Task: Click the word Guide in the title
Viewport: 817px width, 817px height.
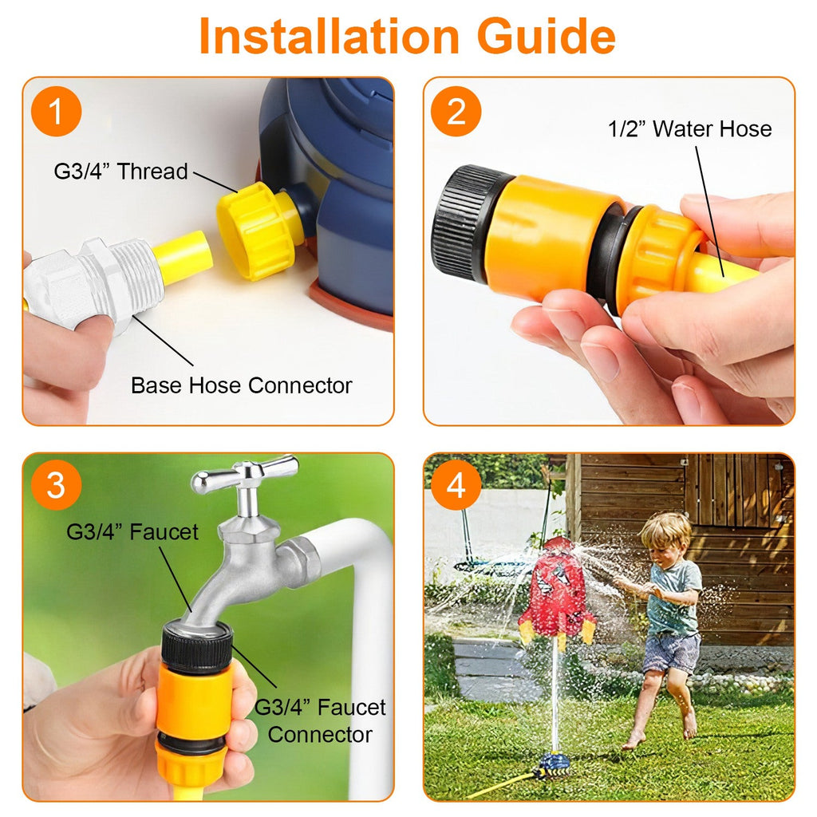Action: pos(547,37)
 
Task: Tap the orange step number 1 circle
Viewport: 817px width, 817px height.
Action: pos(57,112)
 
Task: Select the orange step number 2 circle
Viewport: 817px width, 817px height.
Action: pos(456,112)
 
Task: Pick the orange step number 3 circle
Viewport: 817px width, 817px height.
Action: pos(57,485)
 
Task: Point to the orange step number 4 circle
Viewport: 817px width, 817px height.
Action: pos(456,485)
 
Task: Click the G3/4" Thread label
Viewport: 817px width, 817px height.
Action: pos(121,172)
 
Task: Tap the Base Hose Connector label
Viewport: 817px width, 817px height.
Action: pos(241,385)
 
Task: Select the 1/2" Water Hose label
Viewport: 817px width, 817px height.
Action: pos(690,128)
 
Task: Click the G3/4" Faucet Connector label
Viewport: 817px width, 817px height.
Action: pos(320,721)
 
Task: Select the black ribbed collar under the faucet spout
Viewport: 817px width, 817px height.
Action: pos(196,648)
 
